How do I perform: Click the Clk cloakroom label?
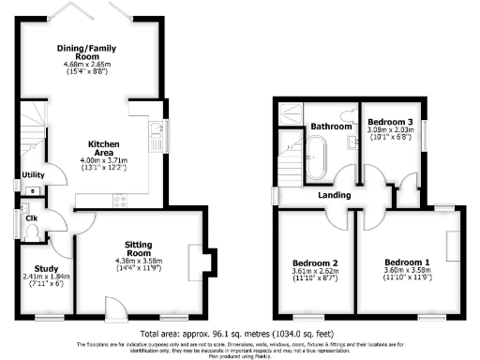coord(31,220)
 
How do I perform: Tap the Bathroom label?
coord(331,126)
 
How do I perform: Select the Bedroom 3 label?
coord(388,123)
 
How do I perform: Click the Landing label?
coord(334,195)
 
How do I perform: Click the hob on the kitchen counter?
coord(120,199)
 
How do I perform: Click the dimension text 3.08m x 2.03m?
coord(388,135)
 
